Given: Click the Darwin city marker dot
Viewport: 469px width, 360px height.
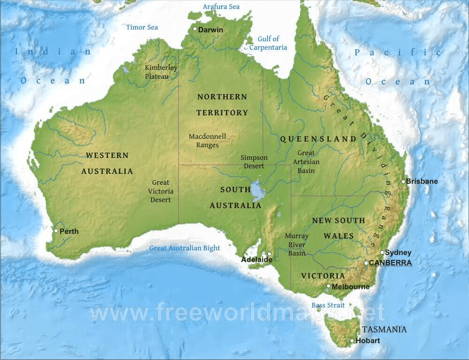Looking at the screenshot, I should (195, 29).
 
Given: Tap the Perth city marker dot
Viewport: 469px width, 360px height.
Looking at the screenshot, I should (56, 231).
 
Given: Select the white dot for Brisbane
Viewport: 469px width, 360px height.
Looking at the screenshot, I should (403, 181).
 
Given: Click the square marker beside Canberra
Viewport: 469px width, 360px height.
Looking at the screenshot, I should (366, 263).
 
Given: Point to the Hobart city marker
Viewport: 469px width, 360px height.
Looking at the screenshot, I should (352, 340).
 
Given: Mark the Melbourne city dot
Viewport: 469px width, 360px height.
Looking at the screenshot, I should (328, 286).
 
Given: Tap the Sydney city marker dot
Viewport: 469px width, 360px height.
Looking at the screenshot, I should (382, 252).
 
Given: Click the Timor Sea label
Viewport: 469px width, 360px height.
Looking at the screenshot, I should (142, 27).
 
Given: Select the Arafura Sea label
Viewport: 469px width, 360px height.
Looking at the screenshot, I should (221, 7).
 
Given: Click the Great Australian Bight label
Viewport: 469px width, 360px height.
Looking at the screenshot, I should (184, 248).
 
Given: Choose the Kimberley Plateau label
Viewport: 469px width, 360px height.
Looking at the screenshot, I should (161, 72).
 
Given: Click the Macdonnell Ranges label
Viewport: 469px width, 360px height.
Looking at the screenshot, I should (207, 141).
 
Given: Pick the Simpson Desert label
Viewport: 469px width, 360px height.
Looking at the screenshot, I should (254, 162).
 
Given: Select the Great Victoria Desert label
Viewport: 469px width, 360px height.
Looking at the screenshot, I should (161, 191).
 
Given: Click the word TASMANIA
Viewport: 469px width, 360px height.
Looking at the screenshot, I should (384, 329).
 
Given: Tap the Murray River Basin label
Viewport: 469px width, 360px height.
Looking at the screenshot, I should (296, 245).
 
